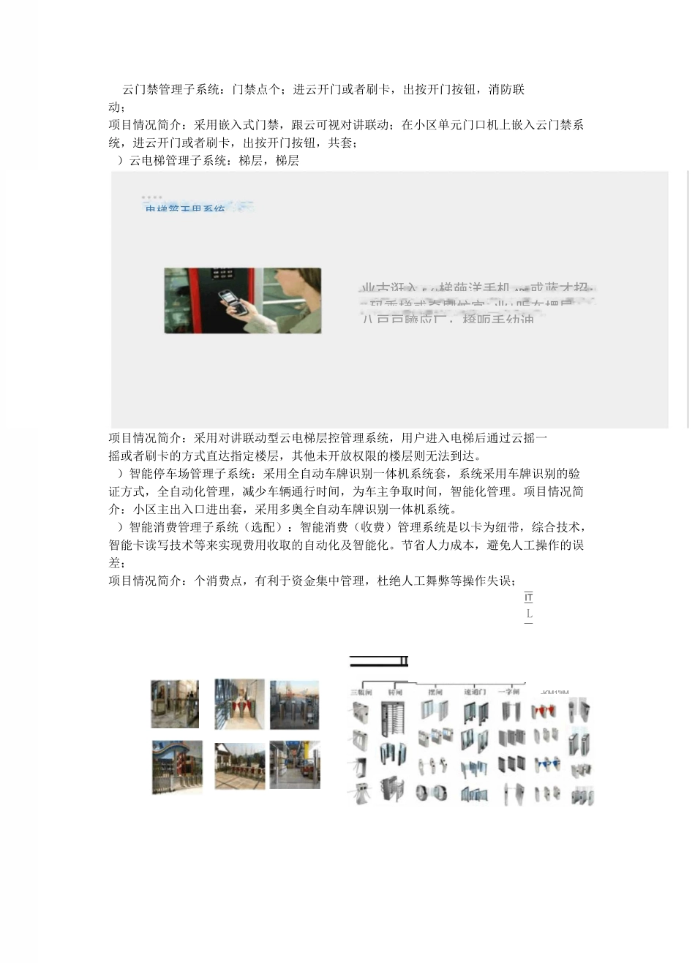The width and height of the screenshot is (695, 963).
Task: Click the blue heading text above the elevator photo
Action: pos(185,209)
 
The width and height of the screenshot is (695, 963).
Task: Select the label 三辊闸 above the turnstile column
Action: pos(361,692)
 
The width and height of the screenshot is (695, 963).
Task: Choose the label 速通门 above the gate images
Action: pos(475,692)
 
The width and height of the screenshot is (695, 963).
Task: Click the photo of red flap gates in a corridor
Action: pos(240,704)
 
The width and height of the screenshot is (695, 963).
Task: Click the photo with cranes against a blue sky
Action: pos(294,704)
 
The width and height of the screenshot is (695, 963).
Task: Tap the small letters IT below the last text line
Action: pos(529,598)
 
